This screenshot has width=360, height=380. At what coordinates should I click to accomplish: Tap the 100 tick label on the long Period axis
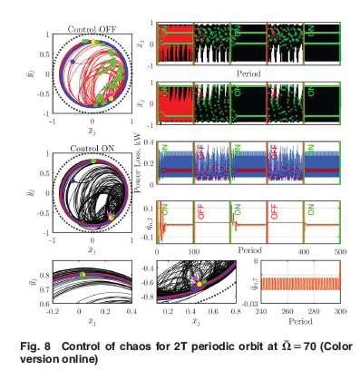(194, 249)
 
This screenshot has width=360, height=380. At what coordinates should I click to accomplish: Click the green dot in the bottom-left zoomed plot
(80, 273)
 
